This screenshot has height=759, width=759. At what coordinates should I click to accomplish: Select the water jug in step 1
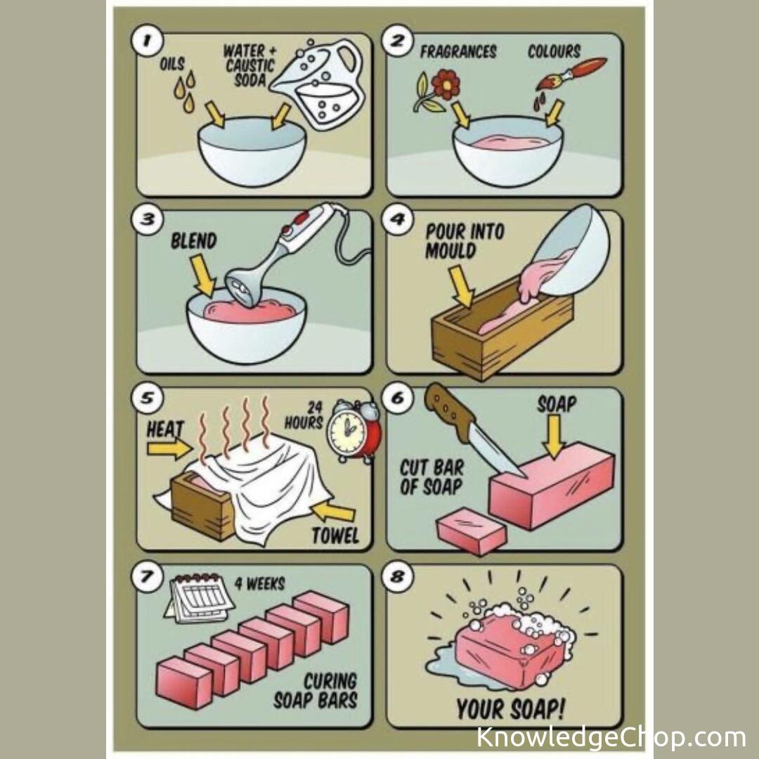(x=318, y=85)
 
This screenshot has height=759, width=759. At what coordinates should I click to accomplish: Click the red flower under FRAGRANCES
(x=446, y=84)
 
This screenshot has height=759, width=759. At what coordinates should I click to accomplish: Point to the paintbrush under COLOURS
(x=571, y=74)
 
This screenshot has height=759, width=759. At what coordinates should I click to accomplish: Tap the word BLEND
(x=194, y=241)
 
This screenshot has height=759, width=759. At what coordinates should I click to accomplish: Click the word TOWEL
(x=335, y=536)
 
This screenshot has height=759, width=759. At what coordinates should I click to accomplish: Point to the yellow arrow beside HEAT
(x=169, y=448)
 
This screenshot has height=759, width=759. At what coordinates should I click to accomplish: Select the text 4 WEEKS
(x=259, y=584)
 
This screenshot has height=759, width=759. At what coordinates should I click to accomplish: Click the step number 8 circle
(x=397, y=576)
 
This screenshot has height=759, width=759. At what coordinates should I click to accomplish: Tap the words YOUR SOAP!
(x=510, y=709)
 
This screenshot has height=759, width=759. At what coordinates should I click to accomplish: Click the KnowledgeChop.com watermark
(x=611, y=737)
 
